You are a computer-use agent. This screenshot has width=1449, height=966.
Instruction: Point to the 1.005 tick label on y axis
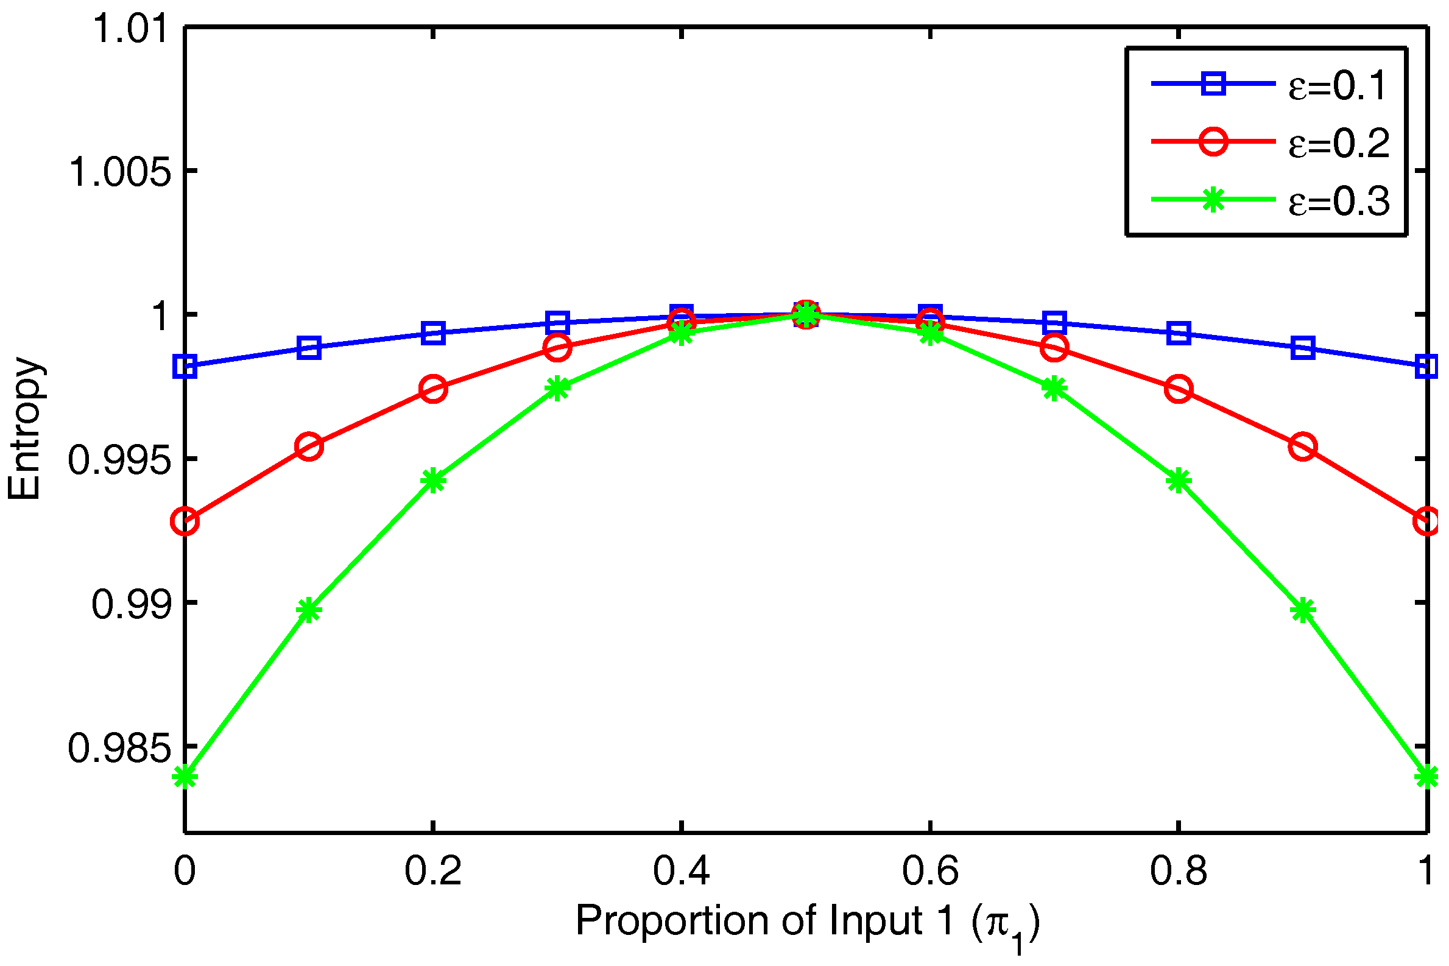pyautogui.click(x=119, y=172)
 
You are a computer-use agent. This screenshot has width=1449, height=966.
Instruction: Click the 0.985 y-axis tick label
pyautogui.click(x=119, y=749)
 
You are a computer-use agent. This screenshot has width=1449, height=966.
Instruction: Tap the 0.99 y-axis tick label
pyautogui.click(x=130, y=604)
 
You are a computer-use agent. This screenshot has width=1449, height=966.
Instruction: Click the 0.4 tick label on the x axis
pyautogui.click(x=682, y=871)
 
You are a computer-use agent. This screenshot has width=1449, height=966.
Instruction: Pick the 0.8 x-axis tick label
pyautogui.click(x=1178, y=871)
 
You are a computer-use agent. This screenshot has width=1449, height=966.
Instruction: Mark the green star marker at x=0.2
pyautogui.click(x=434, y=481)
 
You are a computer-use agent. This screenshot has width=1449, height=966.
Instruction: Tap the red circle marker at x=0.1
pyautogui.click(x=309, y=446)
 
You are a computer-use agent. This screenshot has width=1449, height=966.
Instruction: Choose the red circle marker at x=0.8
pyautogui.click(x=1179, y=389)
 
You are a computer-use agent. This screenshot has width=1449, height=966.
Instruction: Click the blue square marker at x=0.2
pyautogui.click(x=434, y=333)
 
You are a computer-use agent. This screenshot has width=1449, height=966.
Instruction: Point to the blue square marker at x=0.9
pyautogui.click(x=1303, y=348)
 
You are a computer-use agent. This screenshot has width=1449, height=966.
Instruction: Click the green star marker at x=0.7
pyautogui.click(x=1054, y=389)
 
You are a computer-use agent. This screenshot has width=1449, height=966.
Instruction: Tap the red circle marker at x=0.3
pyautogui.click(x=557, y=348)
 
